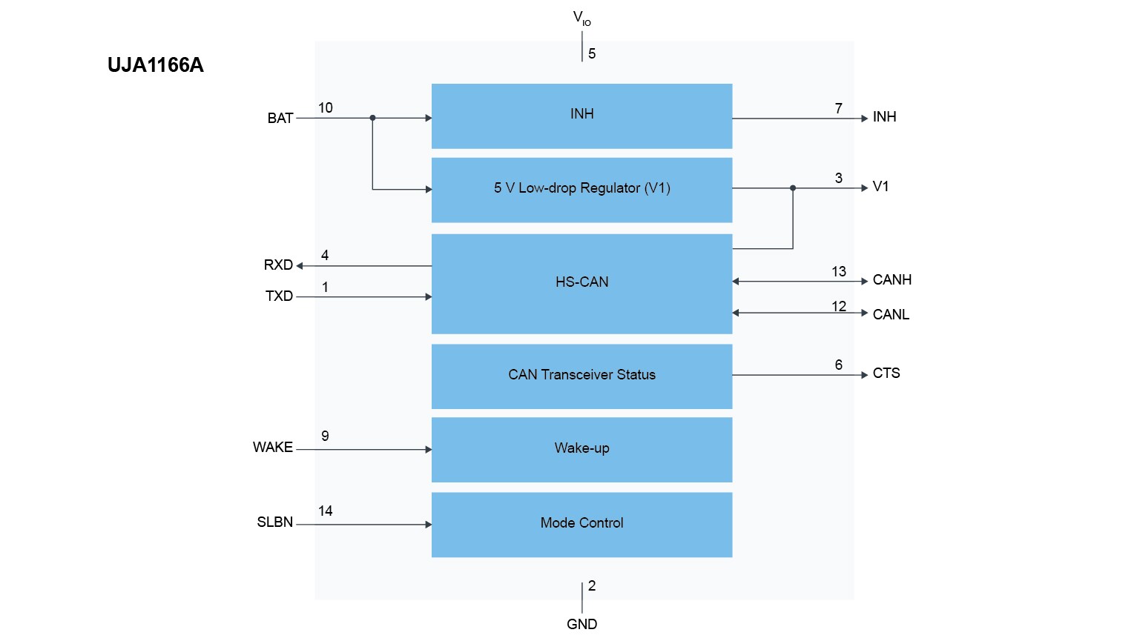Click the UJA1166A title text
coord(155,65)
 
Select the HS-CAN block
coord(581,283)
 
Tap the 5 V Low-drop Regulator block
coord(581,189)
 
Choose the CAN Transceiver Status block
coord(581,376)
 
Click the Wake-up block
coord(581,449)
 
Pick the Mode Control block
coord(581,524)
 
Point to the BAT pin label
coord(280,119)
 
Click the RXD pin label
coord(278,265)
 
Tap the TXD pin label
coord(279,296)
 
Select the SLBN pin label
coord(274,522)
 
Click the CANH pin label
coord(892,280)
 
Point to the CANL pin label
coord(891,315)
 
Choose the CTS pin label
coord(886,373)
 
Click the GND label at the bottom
coord(581,625)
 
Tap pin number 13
coord(839,272)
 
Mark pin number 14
coord(325,511)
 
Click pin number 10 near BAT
coord(325,108)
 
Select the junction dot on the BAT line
coord(372,118)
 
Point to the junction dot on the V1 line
coord(793,188)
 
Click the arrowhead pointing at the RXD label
coord(300,266)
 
